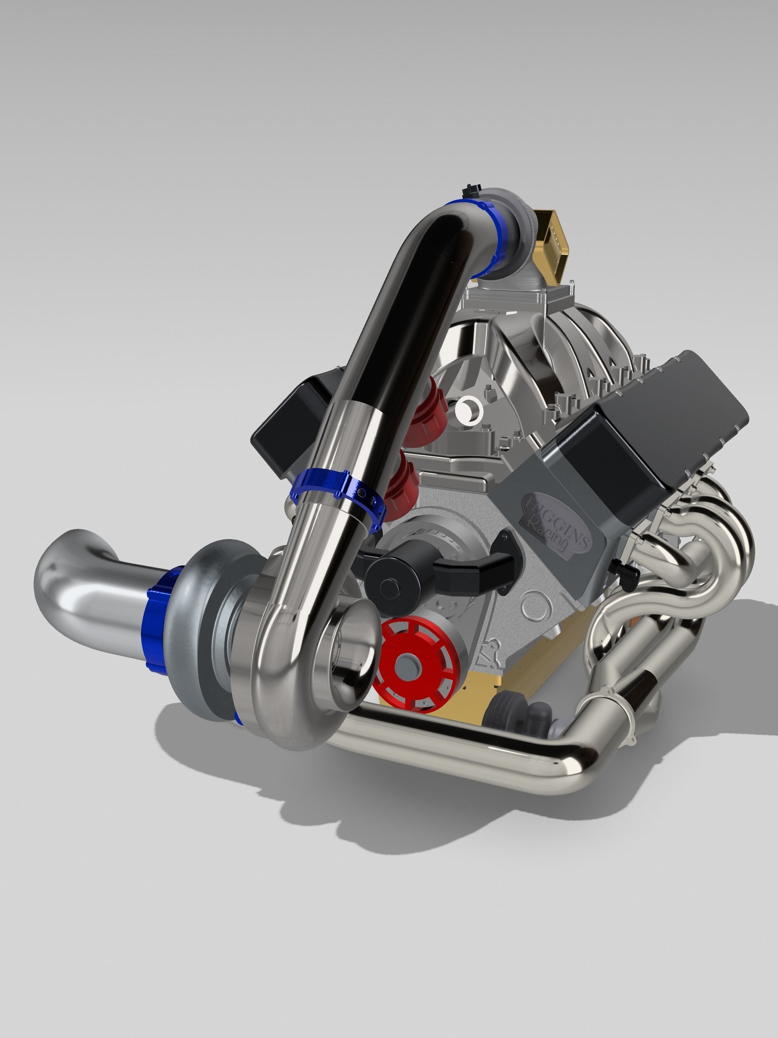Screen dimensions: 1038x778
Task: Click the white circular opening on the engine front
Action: [x=469, y=411]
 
